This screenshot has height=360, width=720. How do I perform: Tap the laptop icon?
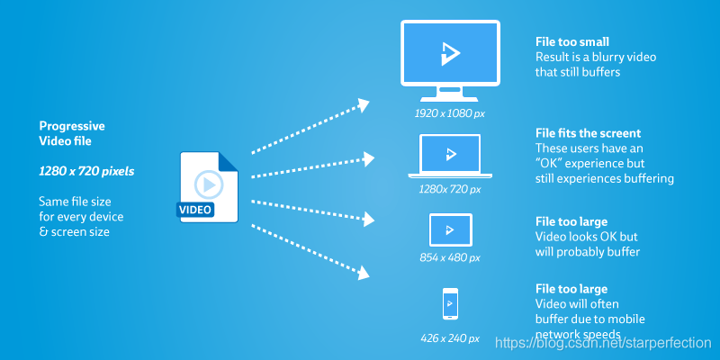pyautogui.click(x=450, y=156)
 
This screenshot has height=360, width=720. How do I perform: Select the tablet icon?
pyautogui.click(x=451, y=230)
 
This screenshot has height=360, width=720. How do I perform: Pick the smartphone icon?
pyautogui.click(x=450, y=303)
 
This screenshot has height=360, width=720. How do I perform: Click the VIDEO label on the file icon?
pyautogui.click(x=195, y=210)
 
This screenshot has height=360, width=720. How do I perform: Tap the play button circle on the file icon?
pyautogui.click(x=209, y=184)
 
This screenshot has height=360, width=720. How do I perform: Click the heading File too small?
pyautogui.click(x=572, y=41)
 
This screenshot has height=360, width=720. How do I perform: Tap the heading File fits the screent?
pyautogui.click(x=589, y=133)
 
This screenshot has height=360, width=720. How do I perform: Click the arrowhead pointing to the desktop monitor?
pyautogui.click(x=364, y=105)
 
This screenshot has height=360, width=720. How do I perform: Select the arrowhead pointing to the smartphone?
pyautogui.click(x=364, y=273)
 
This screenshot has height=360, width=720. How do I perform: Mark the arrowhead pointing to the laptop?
pyautogui.click(x=369, y=159)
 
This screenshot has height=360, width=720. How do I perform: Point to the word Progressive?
pyautogui.click(x=72, y=126)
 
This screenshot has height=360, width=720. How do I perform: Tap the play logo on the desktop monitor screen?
pyautogui.click(x=450, y=54)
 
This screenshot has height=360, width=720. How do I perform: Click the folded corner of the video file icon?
pyautogui.click(x=229, y=162)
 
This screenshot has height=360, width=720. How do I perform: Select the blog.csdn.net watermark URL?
pyautogui.click(x=603, y=343)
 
